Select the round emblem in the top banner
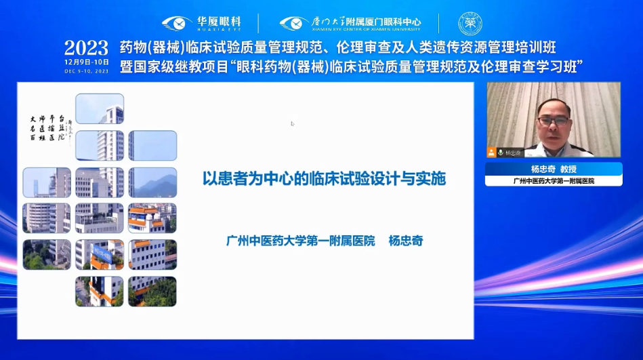470,23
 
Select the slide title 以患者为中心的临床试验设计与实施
325,180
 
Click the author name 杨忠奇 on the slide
406,241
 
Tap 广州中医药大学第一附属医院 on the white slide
300,241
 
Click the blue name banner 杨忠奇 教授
553,169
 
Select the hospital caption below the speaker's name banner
553,181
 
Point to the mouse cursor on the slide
293,123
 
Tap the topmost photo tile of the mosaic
100,108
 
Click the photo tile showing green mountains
152,182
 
